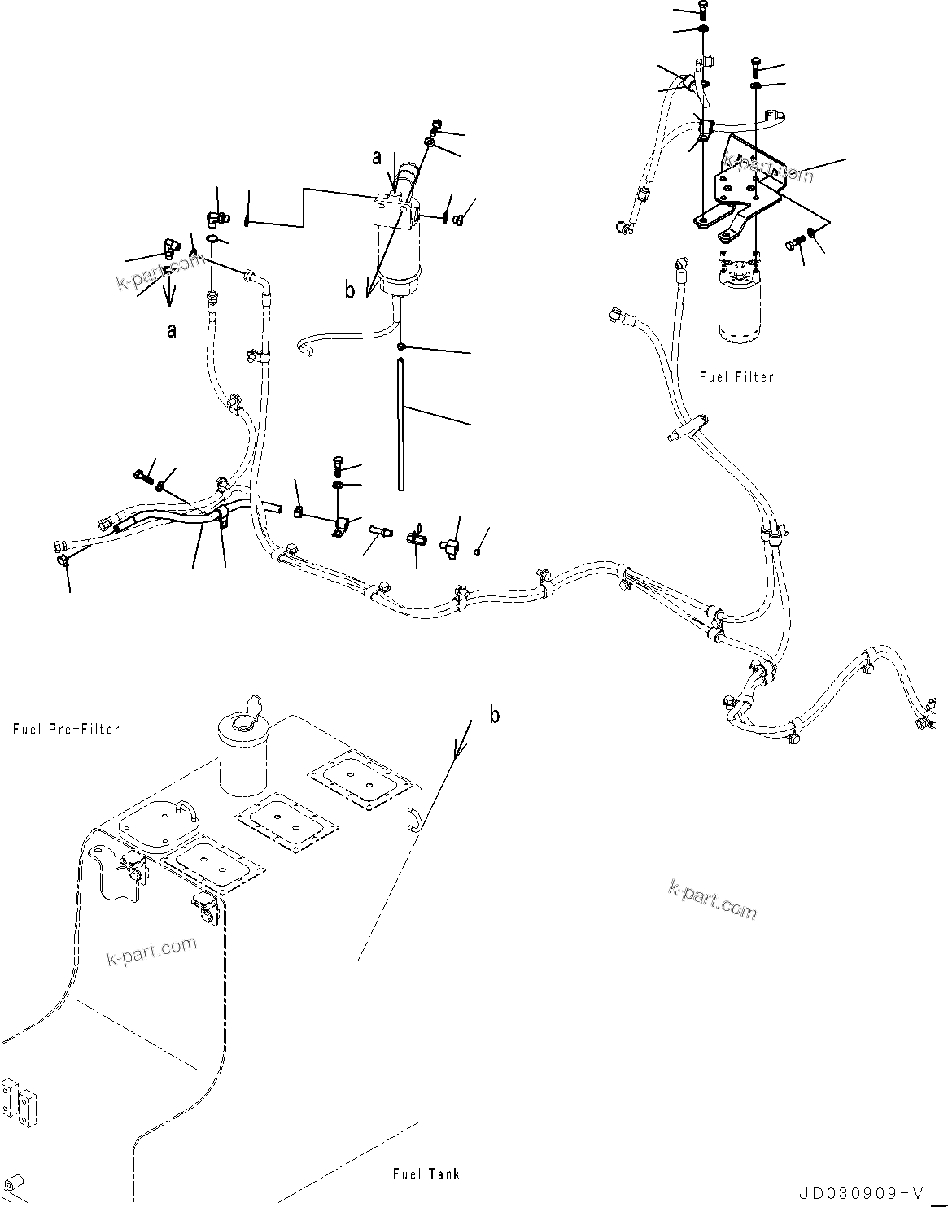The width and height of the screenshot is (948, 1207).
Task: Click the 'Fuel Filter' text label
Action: coord(736,377)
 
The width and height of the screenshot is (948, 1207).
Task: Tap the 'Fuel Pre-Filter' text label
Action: coord(66,729)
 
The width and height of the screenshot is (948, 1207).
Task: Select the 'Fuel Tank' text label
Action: coord(426,1174)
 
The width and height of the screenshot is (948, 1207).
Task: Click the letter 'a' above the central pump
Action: coord(377,158)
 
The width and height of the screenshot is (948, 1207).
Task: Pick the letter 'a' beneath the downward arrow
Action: coord(170,330)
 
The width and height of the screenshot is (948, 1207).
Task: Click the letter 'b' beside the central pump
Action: coord(350,290)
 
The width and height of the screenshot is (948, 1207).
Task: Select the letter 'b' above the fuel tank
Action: coord(494,715)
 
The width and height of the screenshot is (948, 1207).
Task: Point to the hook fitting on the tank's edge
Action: coord(413,820)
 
